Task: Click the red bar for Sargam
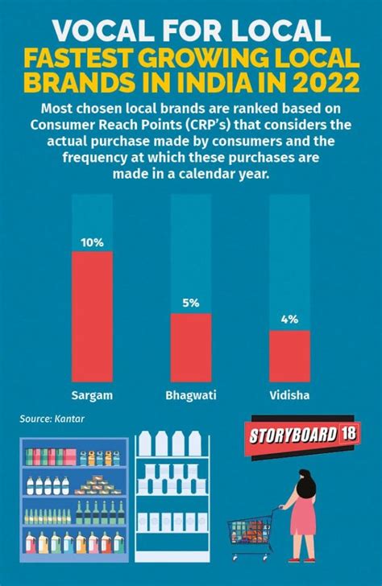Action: pos(92,316)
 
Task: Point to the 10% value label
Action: pos(92,241)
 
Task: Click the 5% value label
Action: pos(190,303)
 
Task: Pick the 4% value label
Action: pos(289,320)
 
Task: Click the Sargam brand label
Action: pos(92,395)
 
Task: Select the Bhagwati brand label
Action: pos(190,396)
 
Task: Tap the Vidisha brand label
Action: pos(289,395)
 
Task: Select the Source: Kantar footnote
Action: pos(52,419)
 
